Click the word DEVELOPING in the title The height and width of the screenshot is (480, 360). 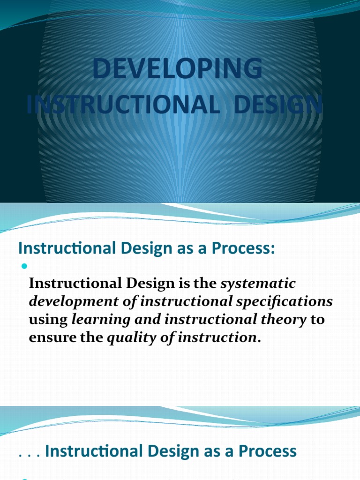point(178,69)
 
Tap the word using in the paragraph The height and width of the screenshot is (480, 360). point(48,320)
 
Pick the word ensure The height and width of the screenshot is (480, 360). point(49,338)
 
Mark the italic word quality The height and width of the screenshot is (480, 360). point(125,338)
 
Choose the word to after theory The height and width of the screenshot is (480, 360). point(318,320)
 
